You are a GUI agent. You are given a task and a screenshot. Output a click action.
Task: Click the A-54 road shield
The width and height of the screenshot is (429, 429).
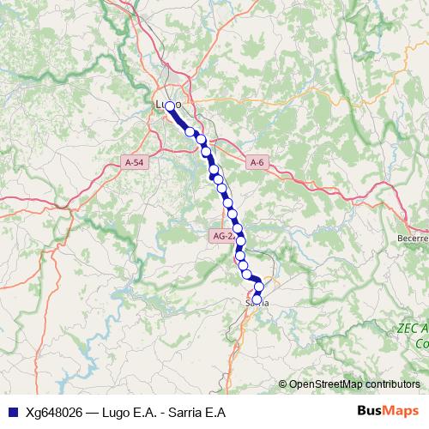coord(134,162)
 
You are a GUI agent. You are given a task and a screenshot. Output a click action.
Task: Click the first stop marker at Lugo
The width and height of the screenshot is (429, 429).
coord(170,106)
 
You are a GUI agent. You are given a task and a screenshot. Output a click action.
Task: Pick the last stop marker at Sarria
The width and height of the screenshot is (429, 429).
coord(256,299)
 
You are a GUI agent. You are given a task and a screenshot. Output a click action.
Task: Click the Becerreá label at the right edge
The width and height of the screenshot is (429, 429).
coord(413,238)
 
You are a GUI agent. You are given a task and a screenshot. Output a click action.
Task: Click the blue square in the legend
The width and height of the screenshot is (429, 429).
coord(11,412)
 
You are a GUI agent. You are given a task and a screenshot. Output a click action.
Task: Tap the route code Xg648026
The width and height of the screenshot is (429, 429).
coord(53,412)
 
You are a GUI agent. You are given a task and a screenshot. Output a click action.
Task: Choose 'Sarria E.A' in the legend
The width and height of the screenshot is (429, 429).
coord(196,412)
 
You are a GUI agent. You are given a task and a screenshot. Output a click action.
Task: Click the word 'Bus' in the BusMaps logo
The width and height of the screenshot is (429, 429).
coord(370,411)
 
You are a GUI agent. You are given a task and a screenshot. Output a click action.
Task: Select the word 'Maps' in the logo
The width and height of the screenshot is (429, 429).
coord(402,411)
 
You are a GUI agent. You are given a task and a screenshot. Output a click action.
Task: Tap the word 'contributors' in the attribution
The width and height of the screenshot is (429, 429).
coord(394,384)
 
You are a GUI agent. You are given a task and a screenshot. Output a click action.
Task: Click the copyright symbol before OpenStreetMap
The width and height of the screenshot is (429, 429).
coord(283,384)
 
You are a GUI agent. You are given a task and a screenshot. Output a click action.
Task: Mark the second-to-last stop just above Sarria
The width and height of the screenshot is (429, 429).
coord(259,287)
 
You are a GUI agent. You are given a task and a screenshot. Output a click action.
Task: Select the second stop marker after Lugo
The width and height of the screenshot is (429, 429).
coord(190,132)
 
